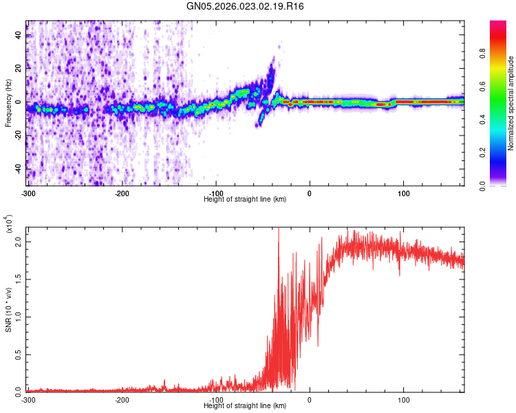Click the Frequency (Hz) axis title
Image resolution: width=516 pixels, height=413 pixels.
pos(8,103)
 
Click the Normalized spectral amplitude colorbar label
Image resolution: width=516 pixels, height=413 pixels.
pos(511,103)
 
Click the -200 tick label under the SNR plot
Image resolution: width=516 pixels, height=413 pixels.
pos(121,399)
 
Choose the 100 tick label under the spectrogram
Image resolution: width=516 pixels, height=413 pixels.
pos(403,193)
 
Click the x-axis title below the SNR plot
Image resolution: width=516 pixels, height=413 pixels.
pos(245,406)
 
